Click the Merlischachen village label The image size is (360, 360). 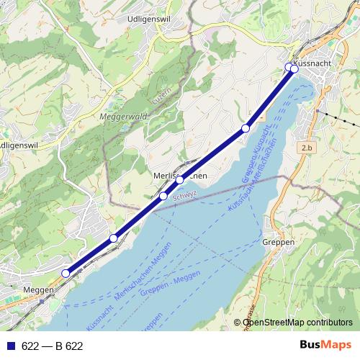coord(181,175)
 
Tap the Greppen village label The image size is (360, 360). coord(279,243)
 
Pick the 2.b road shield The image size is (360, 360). coord(307,148)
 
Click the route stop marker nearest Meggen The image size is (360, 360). coord(66,273)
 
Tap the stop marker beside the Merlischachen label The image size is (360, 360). coord(179,180)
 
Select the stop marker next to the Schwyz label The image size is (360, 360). coord(163,196)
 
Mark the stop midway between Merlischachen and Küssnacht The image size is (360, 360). coord(246,128)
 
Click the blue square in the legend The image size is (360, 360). coord(10,346)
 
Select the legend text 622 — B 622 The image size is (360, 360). coord(53,346)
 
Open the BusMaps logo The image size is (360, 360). coord(325,345)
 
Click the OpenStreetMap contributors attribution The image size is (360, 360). coord(297,322)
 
